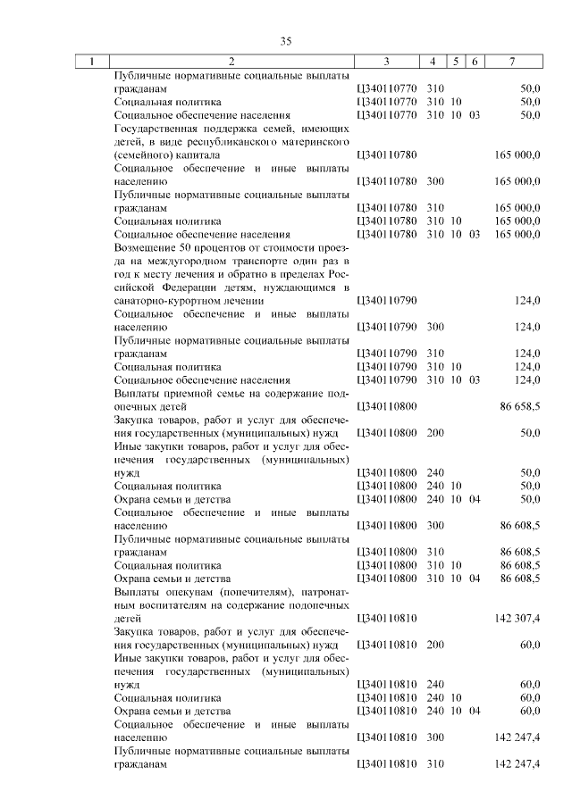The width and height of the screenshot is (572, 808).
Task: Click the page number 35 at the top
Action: tap(286, 41)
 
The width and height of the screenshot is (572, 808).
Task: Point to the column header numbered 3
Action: tap(386, 62)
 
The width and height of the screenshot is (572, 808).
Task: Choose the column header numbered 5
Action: tap(456, 62)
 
